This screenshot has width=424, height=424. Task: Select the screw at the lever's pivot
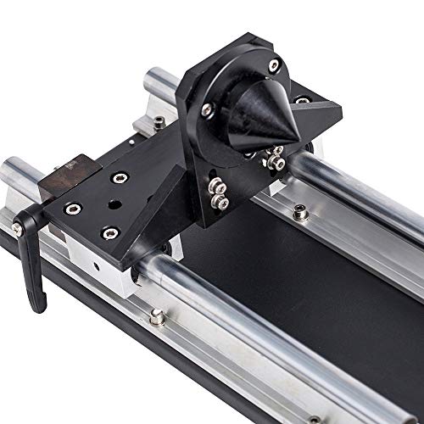click(18, 228)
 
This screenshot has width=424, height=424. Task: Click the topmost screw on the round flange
click(273, 65)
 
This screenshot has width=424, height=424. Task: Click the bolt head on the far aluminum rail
click(300, 215)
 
